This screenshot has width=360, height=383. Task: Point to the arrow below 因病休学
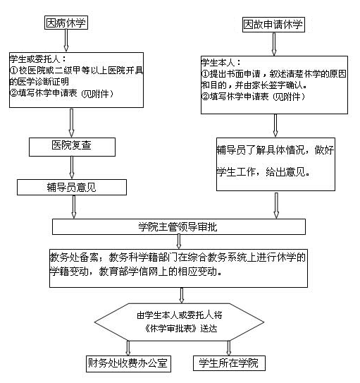[x=66, y=40]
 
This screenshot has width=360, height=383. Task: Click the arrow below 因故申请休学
[x=274, y=44]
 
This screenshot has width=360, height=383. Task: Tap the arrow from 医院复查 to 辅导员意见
[x=72, y=168]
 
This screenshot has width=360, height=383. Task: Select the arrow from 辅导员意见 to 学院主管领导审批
[x=74, y=207]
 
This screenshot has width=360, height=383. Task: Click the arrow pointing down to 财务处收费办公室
[x=128, y=348]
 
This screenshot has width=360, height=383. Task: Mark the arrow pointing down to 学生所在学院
[x=228, y=348]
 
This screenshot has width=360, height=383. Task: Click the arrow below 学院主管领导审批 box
[x=179, y=241]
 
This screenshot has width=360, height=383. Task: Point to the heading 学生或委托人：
[x=38, y=59]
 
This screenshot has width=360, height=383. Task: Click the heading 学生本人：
[x=221, y=63]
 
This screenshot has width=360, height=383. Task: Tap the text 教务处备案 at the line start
[x=74, y=257]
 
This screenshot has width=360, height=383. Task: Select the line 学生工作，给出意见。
[x=263, y=172]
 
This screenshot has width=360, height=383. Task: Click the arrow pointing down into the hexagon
[x=182, y=296]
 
